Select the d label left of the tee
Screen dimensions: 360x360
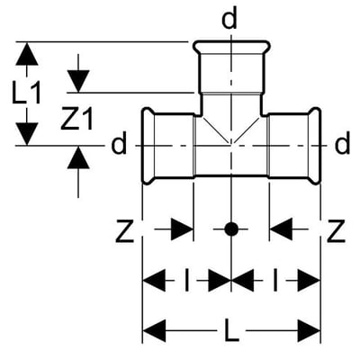click(x=119, y=144)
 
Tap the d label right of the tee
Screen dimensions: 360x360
click(x=342, y=144)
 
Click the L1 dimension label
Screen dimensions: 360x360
click(x=26, y=94)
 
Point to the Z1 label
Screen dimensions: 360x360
click(x=76, y=119)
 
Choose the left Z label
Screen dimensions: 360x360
click(x=124, y=230)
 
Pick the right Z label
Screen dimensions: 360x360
click(x=336, y=230)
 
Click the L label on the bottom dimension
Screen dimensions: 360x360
click(x=232, y=330)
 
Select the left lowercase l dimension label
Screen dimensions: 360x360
click(x=187, y=280)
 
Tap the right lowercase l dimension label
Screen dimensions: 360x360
click(x=275, y=280)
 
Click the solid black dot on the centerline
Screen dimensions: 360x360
click(x=231, y=229)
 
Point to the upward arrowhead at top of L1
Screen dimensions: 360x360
click(x=27, y=54)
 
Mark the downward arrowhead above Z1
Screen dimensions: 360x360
click(x=78, y=81)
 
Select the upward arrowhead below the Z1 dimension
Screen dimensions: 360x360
click(x=78, y=157)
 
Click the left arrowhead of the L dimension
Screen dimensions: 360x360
click(x=154, y=331)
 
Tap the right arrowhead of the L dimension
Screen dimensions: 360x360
click(x=309, y=331)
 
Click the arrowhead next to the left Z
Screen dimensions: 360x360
click(x=182, y=229)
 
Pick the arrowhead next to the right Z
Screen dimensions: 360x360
click(x=281, y=229)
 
